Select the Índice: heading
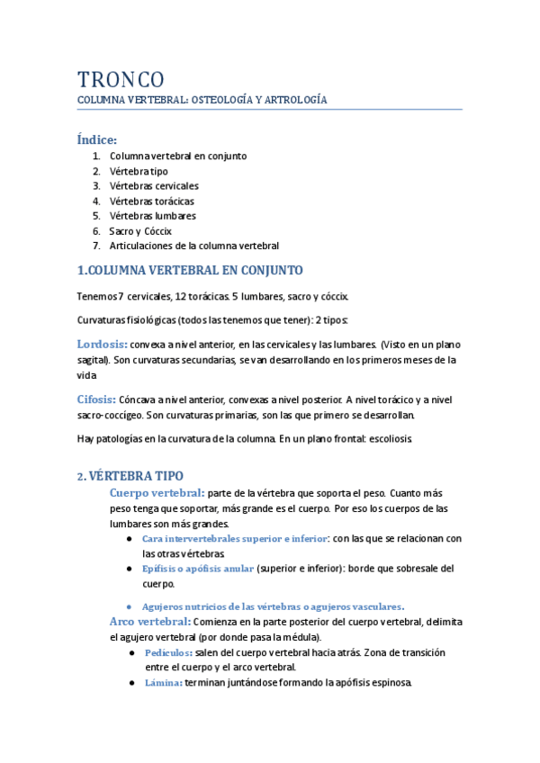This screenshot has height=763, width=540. click(x=97, y=139)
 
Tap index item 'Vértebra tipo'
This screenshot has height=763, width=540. click(x=139, y=171)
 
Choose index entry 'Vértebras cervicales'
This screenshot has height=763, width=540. click(x=154, y=186)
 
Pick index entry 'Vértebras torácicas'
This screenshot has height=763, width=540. click(x=151, y=201)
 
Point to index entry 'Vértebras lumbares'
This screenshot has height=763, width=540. click(x=152, y=216)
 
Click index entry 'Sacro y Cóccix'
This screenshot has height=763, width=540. click(x=140, y=230)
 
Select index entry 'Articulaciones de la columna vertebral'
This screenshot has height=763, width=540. click(x=194, y=245)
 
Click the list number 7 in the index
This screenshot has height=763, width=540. click(x=95, y=245)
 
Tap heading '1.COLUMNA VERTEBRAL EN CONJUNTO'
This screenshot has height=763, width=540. click(x=191, y=270)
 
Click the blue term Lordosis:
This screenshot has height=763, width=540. click(x=103, y=344)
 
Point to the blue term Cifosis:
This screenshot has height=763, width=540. click(x=96, y=399)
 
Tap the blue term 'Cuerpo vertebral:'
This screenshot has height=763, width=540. click(x=157, y=493)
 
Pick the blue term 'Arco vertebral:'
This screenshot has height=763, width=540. click(x=149, y=621)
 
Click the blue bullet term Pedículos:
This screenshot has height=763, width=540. click(x=168, y=652)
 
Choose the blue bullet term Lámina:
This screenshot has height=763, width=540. click(x=163, y=683)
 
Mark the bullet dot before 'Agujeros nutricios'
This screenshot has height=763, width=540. click(x=131, y=606)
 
